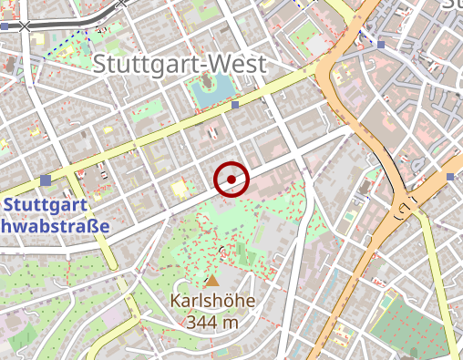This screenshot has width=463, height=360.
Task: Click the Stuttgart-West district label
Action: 180,64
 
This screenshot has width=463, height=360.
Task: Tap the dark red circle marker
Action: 232,179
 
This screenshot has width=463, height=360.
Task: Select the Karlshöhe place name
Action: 212,301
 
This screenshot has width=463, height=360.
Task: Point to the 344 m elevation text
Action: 212,322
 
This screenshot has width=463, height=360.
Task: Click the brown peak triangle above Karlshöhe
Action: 212,282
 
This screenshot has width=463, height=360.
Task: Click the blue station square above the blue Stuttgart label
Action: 46,180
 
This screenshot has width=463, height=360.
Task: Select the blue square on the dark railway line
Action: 5,26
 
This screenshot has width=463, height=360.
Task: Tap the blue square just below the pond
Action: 235,106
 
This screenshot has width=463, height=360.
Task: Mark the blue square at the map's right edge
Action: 451,176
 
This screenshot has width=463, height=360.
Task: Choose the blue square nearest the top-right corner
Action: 380,44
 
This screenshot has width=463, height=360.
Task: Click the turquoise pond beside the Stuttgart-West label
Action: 208,88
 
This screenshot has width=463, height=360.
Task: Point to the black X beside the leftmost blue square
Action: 25,26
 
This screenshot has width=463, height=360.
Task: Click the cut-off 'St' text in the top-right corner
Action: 453,5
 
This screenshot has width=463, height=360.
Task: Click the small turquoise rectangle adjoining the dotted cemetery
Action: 387,302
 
